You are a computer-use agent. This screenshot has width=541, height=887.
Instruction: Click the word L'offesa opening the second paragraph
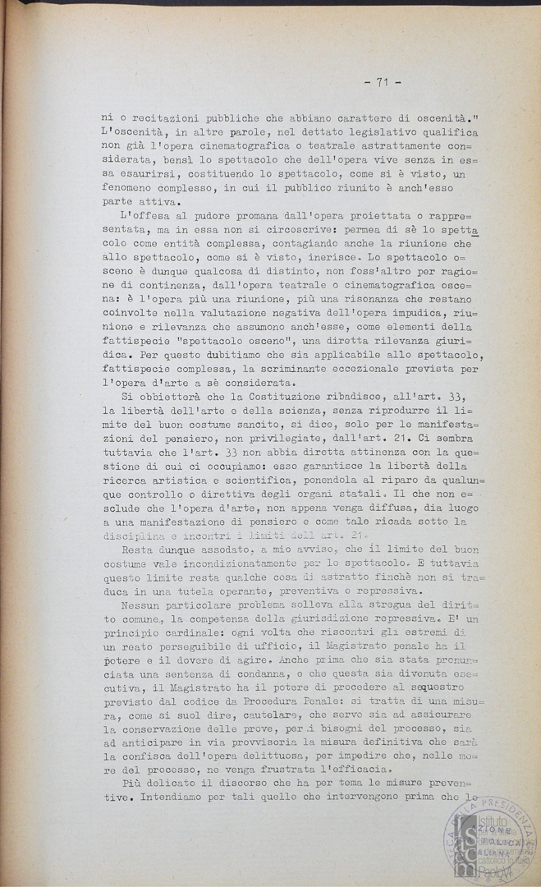click(144, 216)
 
